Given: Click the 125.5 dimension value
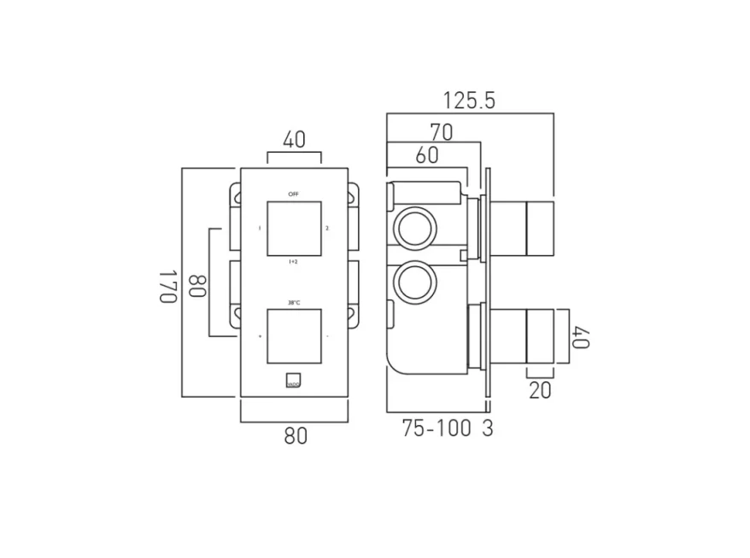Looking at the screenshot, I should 468,100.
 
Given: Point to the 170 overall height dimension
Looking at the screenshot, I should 167,286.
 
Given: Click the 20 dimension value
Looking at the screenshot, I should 540,390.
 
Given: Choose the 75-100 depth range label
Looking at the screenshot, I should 437,428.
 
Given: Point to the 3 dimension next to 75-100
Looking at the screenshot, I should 487,428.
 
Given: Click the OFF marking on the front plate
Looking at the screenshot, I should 294,194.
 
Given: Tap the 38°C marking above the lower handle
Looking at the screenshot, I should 294,302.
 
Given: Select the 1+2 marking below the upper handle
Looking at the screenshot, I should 294,262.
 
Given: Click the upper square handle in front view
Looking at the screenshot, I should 294,228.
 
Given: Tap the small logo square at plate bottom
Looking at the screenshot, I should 294,380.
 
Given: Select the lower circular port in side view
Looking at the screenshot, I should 415,282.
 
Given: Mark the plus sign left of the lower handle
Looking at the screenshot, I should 261,336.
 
